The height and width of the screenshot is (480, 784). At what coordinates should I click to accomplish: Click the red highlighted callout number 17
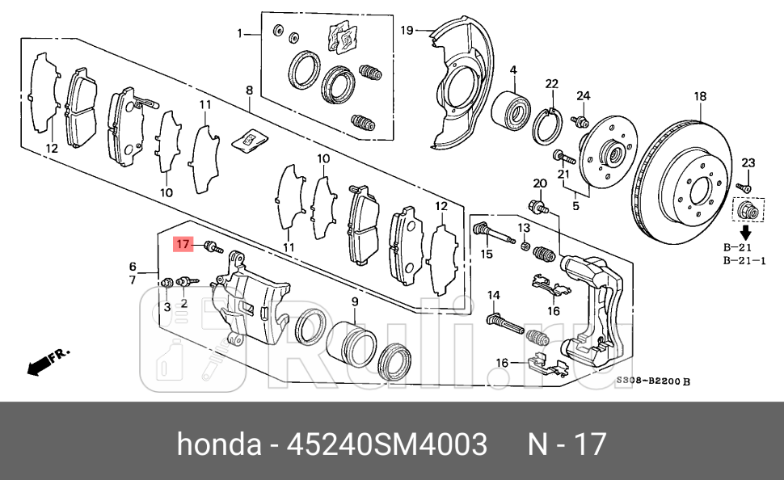(183, 243)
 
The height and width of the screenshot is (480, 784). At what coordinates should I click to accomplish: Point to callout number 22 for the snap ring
(551, 84)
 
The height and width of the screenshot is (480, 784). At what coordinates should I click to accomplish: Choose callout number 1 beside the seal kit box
(240, 33)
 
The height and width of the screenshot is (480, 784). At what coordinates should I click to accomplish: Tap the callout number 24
(583, 96)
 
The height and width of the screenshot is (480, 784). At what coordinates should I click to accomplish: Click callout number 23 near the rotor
(747, 164)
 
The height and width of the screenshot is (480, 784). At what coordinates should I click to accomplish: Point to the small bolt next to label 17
(213, 246)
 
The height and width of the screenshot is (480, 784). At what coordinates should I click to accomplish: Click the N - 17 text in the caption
(566, 444)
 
